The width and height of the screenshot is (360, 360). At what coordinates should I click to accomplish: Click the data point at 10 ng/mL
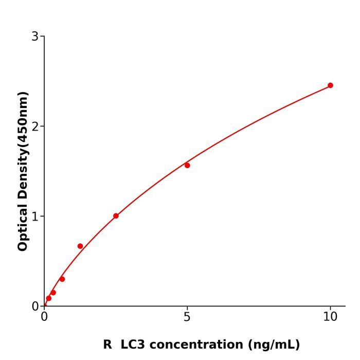(330, 85)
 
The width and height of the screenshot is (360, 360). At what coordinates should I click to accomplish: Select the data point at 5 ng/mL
(187, 165)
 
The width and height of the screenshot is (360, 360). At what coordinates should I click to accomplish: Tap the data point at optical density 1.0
(116, 216)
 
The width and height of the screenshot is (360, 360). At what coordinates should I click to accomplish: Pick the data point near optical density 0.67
(80, 246)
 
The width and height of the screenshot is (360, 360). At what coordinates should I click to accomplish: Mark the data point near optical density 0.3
(62, 279)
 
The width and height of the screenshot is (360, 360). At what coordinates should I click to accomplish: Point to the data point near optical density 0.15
(53, 293)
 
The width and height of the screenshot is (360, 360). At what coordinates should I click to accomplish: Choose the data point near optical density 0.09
(49, 298)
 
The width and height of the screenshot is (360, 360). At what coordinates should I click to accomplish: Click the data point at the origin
(45, 305)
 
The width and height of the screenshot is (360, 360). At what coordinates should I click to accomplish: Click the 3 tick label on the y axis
(35, 37)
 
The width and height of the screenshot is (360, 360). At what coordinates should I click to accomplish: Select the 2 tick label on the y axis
(35, 127)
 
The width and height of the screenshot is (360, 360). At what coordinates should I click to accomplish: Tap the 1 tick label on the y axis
(35, 217)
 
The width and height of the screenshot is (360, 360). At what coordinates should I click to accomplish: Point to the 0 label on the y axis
(35, 307)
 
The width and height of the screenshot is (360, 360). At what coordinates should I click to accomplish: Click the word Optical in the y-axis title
(23, 226)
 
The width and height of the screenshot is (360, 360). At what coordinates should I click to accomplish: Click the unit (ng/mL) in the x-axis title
(273, 345)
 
